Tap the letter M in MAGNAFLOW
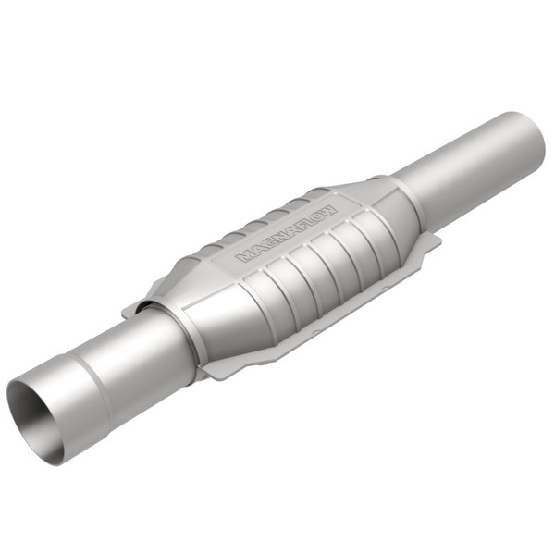(x=245, y=256)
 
